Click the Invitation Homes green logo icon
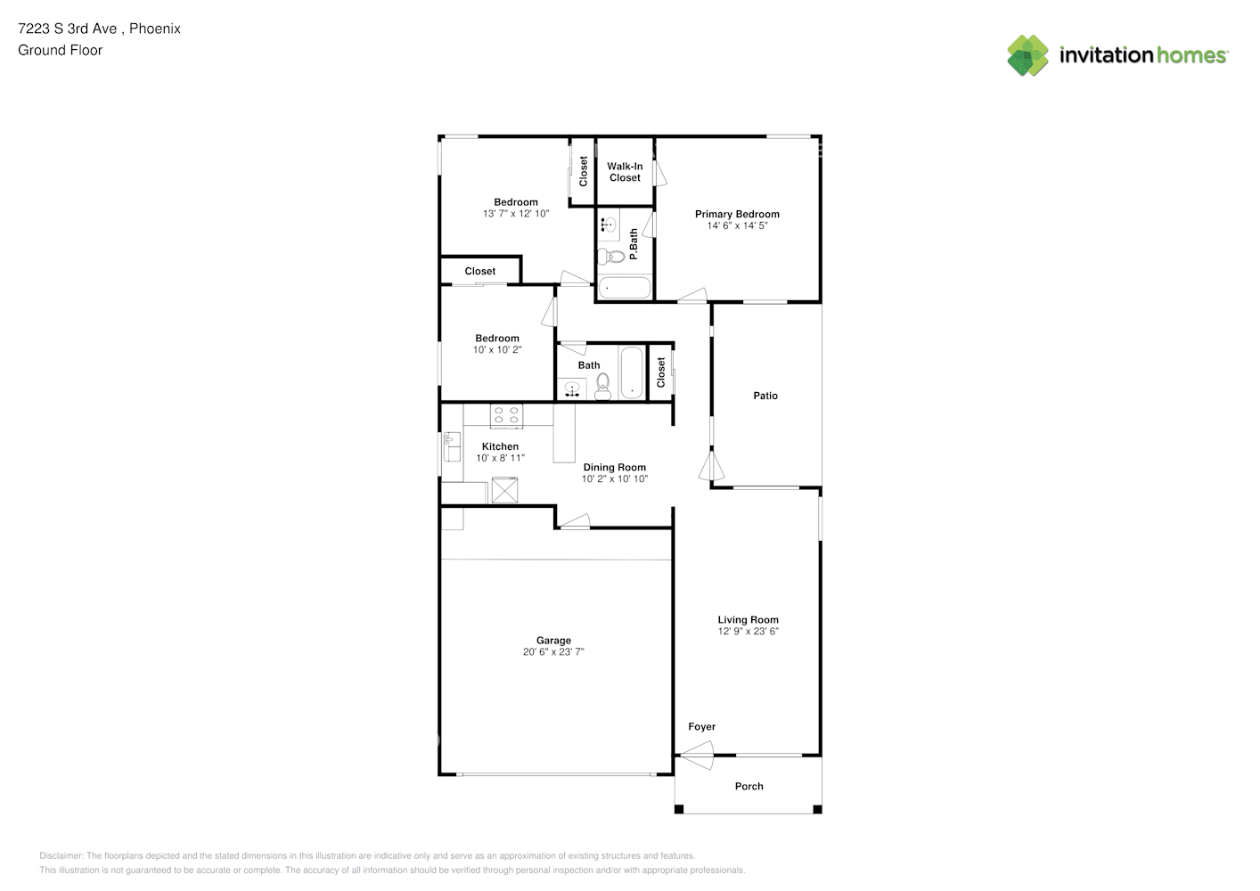point(1027,55)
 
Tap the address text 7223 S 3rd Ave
point(68,29)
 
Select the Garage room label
point(553,640)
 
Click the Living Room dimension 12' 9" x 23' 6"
point(749,631)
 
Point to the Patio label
point(765,396)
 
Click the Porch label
point(749,787)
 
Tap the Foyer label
point(702,727)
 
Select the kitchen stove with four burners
point(506,416)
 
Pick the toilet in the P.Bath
point(611,257)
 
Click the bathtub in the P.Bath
point(625,288)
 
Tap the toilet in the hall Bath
point(603,386)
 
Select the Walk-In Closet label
point(625,172)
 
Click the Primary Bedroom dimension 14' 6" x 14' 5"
point(738,225)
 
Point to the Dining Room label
point(615,468)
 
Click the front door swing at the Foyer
point(697,755)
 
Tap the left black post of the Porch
point(679,809)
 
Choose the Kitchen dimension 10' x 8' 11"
point(501,458)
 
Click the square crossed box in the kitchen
point(504,490)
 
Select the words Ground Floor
point(61,50)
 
